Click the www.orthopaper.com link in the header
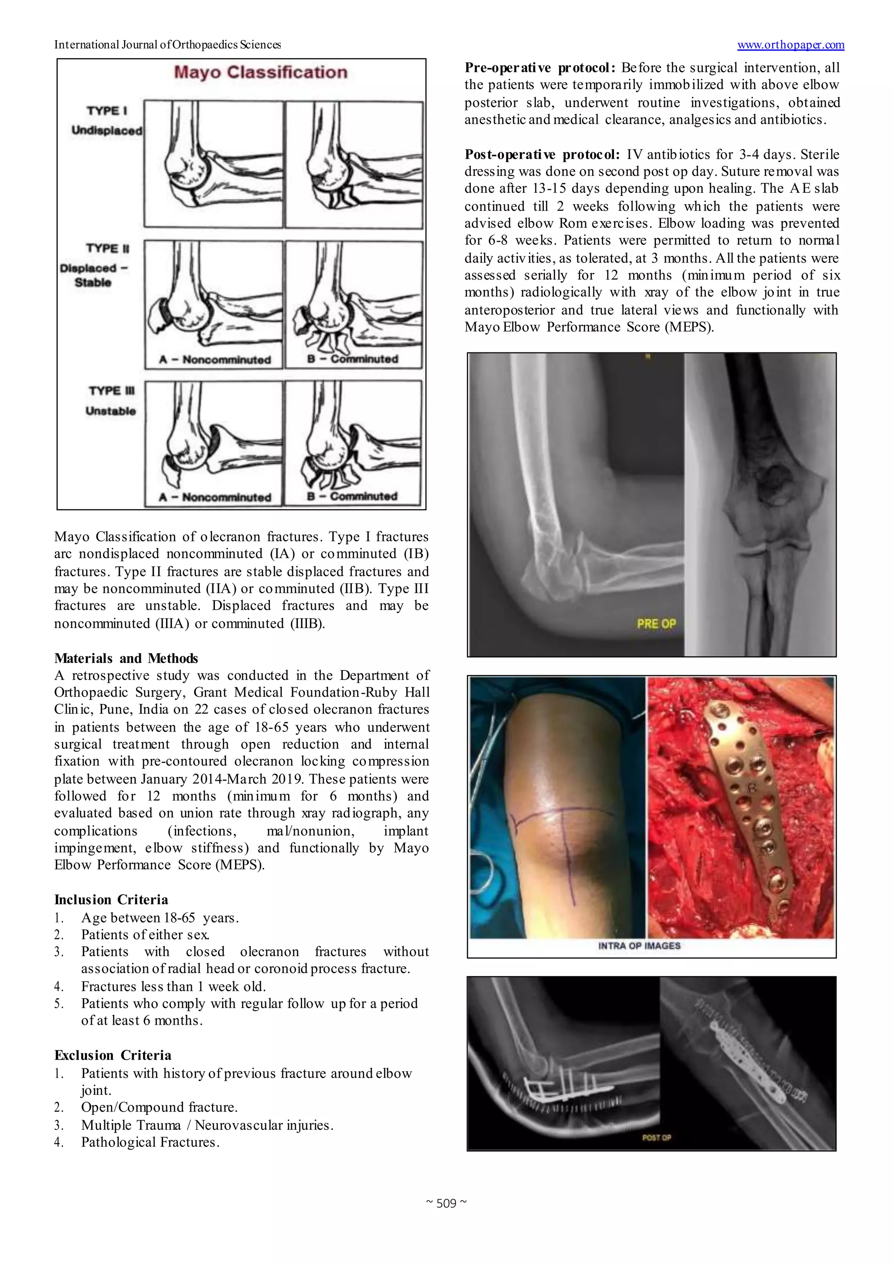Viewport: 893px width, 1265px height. [x=790, y=44]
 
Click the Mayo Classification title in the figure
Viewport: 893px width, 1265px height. [x=261, y=72]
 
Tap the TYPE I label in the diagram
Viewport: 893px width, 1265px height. [x=106, y=110]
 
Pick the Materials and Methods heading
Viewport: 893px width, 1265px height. [x=126, y=658]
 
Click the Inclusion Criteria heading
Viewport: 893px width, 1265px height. [x=111, y=900]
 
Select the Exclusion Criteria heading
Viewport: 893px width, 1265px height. [x=112, y=1055]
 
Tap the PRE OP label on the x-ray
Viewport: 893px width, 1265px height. [x=655, y=624]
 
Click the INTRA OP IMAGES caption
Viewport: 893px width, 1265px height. [x=639, y=945]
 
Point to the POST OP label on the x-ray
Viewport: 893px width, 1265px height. [x=656, y=1137]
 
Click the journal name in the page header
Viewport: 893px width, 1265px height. [x=167, y=44]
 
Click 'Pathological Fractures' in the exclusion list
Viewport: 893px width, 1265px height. [x=149, y=1142]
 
